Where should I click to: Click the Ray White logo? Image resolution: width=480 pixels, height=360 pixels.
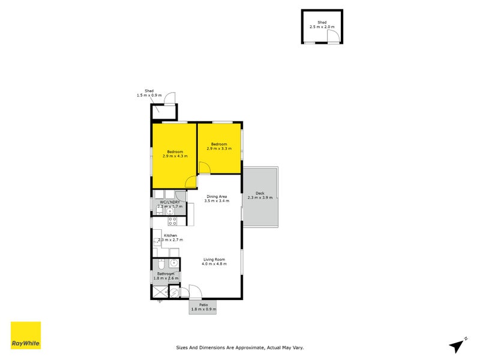pyautogui.click(x=26, y=335)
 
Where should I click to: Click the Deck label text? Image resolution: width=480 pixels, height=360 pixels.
pyautogui.click(x=260, y=193)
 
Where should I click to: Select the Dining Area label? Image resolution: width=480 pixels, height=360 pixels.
pyautogui.click(x=217, y=196)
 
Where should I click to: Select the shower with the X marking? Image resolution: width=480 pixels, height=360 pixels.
pyautogui.click(x=159, y=292)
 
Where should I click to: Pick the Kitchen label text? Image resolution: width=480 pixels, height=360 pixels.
pyautogui.click(x=170, y=235)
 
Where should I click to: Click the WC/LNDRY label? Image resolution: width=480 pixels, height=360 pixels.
pyautogui.click(x=169, y=202)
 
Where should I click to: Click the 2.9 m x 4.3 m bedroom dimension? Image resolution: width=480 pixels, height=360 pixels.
pyautogui.click(x=175, y=156)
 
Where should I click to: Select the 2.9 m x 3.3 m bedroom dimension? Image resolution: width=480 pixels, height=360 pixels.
pyautogui.click(x=218, y=148)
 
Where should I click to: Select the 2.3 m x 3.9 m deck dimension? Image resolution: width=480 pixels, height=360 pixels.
pyautogui.click(x=260, y=197)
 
